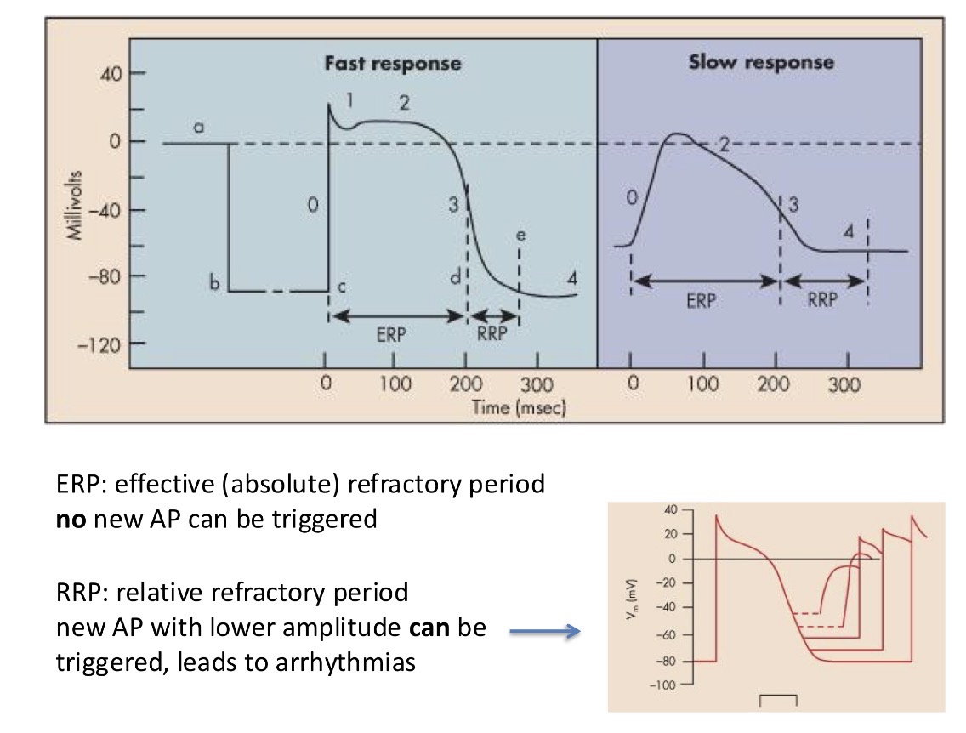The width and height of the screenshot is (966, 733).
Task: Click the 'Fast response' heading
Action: tap(392, 63)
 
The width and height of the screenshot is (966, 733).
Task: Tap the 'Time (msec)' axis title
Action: tap(519, 407)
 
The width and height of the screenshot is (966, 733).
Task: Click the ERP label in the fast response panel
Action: tap(391, 335)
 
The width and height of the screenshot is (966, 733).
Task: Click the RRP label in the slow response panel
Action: tap(822, 300)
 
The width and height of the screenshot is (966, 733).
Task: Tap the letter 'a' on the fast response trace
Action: tap(198, 126)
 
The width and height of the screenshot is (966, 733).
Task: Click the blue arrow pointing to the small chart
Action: tap(544, 631)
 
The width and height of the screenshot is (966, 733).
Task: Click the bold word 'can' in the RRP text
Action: tap(421, 628)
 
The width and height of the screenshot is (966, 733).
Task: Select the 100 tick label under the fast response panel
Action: tap(395, 384)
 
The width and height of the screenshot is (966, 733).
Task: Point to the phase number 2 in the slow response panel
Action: tap(724, 143)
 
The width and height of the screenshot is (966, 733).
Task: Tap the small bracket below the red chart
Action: tap(777, 699)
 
